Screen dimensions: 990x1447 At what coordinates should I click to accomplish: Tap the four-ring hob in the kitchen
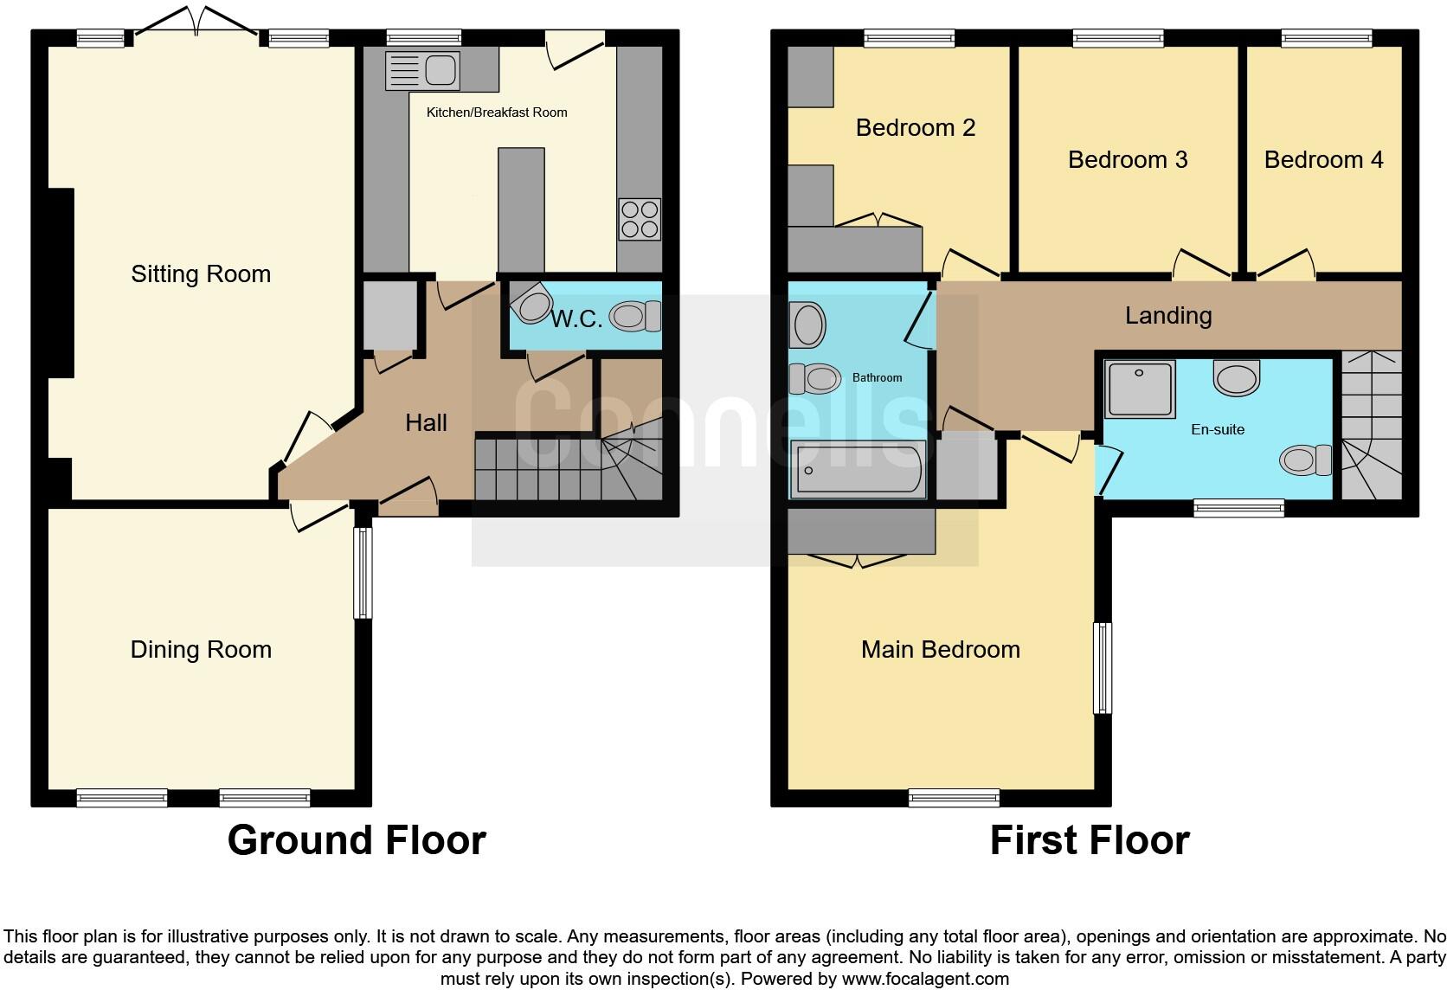(x=640, y=219)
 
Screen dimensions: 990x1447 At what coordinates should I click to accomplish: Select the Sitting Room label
(x=201, y=274)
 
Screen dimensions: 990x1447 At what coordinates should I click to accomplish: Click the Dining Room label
(x=201, y=650)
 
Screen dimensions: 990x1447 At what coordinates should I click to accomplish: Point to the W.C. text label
(x=576, y=318)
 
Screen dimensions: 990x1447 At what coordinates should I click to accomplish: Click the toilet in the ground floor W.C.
(x=636, y=316)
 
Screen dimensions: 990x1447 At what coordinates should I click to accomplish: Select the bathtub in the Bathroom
(x=858, y=469)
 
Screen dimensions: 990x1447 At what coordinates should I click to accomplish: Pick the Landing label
(x=1167, y=316)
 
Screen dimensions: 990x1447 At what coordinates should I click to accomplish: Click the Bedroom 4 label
(x=1323, y=160)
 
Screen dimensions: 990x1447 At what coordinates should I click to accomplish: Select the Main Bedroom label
(x=940, y=650)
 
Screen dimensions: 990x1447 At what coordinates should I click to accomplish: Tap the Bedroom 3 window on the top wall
(x=1118, y=38)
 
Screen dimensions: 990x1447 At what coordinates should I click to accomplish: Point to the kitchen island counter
(x=521, y=209)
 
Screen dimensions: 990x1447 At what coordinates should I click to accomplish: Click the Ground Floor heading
(x=357, y=840)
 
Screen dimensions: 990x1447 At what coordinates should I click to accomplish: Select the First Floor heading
(x=1089, y=840)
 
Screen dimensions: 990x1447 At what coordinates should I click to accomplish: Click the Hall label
(x=426, y=423)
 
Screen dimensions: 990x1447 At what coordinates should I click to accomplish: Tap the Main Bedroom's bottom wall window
(x=954, y=798)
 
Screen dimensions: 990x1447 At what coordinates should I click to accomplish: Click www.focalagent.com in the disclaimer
(x=923, y=980)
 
